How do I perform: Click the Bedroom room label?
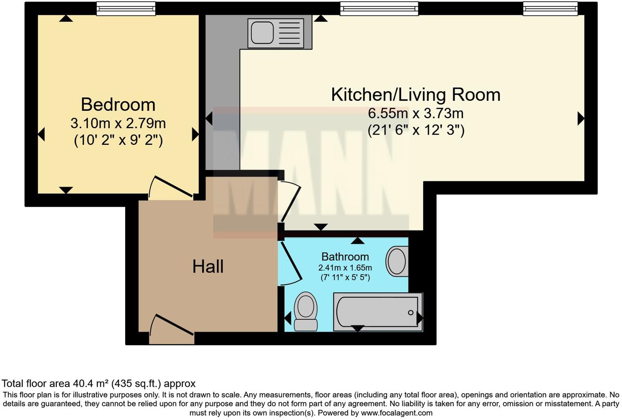tap(118, 104)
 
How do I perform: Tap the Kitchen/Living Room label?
tap(416, 95)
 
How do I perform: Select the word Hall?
tap(208, 266)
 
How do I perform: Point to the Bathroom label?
tap(345, 257)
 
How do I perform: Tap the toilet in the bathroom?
tap(306, 311)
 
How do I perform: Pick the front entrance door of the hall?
tap(172, 326)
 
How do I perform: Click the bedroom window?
tap(126, 8)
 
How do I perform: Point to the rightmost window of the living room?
tap(550, 8)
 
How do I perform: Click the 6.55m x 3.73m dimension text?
tap(416, 113)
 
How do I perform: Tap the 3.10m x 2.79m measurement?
tap(118, 123)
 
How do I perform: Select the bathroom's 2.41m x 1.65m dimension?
tap(345, 268)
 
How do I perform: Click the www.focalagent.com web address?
tap(397, 413)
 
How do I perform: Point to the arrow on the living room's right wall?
tap(580, 119)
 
